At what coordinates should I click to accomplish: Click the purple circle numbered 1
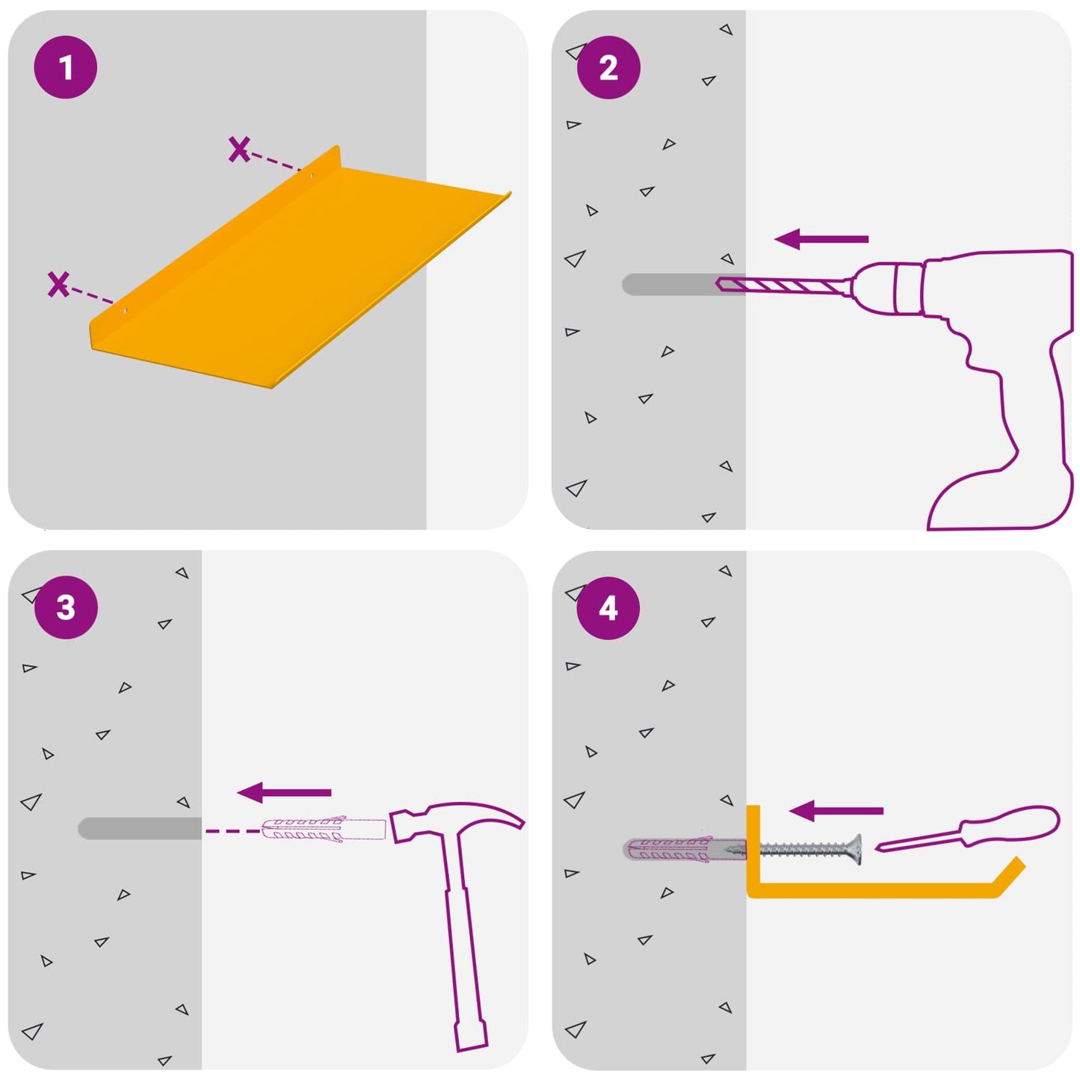tap(66, 67)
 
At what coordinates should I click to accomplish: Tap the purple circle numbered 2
tap(608, 68)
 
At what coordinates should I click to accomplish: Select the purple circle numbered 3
tap(66, 608)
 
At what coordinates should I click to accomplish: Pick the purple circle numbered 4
tap(608, 608)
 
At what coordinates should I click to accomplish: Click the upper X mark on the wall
tap(238, 149)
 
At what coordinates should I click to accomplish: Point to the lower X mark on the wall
tap(58, 284)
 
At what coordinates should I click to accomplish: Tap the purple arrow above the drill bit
tap(821, 239)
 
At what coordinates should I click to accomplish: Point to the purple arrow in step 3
tap(284, 792)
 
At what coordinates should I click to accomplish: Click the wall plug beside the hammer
tap(324, 830)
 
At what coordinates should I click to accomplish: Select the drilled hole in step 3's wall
tap(140, 828)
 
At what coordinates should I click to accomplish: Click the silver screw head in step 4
tap(856, 850)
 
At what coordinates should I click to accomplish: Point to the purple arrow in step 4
tap(836, 810)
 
